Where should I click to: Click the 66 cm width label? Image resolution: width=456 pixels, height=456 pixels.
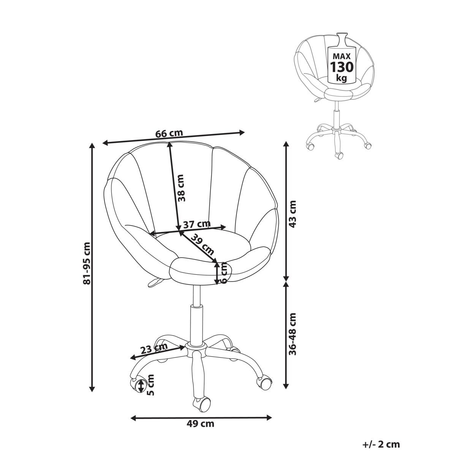(169, 133)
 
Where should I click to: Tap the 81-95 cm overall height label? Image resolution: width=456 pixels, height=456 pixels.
(87, 263)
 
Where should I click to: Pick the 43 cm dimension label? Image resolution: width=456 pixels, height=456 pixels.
(293, 214)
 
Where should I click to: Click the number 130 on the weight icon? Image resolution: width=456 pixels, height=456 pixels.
(342, 67)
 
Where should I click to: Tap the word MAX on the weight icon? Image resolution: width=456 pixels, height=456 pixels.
(342, 56)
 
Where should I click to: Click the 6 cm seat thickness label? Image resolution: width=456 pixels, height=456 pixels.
(224, 273)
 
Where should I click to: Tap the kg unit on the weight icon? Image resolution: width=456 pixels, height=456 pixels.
(342, 78)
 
